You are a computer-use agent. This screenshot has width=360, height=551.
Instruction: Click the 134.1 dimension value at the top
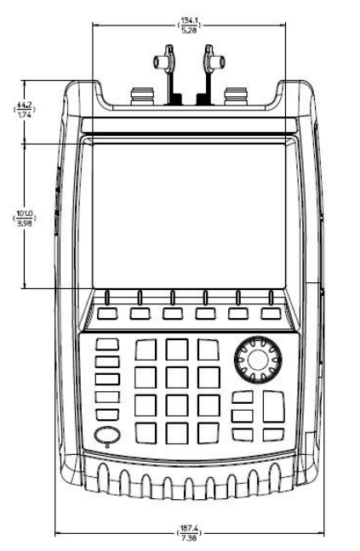click(189, 20)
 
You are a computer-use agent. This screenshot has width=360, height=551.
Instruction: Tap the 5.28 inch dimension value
click(189, 30)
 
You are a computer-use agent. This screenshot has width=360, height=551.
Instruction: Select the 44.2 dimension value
click(25, 105)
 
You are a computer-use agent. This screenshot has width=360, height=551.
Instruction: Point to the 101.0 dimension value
click(25, 213)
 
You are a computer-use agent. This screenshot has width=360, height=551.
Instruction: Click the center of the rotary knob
click(258, 360)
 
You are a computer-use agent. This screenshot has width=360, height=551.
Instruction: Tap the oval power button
click(107, 435)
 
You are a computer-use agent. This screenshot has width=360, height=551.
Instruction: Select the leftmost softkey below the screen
click(107, 314)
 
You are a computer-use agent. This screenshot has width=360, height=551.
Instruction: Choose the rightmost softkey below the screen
click(271, 314)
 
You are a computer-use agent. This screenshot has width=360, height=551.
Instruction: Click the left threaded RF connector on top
click(142, 96)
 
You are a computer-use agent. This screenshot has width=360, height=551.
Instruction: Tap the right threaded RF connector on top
click(237, 96)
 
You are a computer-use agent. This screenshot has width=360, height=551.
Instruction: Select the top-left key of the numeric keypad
click(146, 349)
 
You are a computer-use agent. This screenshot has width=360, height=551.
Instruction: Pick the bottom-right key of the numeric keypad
click(209, 433)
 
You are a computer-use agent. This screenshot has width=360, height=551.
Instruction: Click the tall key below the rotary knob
click(273, 406)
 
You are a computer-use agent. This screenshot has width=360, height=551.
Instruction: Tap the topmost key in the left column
click(107, 344)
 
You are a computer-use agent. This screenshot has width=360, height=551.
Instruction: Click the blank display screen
click(189, 216)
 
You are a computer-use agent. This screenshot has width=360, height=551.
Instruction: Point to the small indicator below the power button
click(107, 446)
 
